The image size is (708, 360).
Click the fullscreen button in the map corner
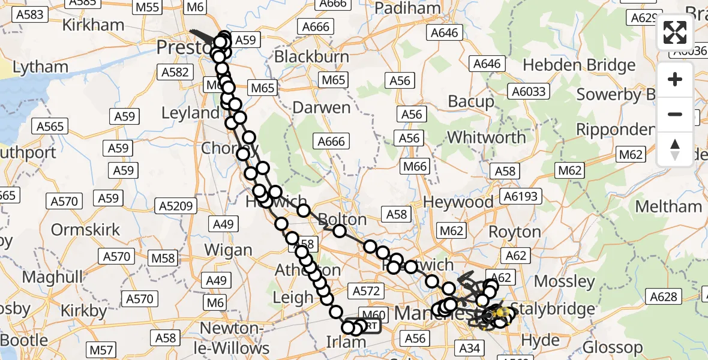pos(675,33)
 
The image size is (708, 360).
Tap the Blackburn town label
pos(311,57)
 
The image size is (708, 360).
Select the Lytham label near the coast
pos(40,67)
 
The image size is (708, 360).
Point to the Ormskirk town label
pos(85,230)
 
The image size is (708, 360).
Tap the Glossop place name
pos(612,347)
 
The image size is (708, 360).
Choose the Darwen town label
pos(321,108)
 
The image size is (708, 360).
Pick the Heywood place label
pos(458,202)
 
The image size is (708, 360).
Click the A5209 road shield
pos(176,206)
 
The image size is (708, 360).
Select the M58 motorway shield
pos(163,259)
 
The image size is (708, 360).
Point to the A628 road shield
pos(663,296)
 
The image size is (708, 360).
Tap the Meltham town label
pos(668,207)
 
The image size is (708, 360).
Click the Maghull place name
pos(50,278)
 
